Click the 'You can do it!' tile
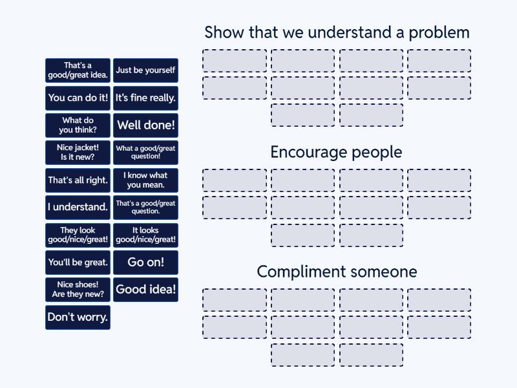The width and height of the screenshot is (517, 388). pyautogui.click(x=78, y=98)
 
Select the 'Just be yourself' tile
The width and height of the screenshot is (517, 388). pyautogui.click(x=145, y=70)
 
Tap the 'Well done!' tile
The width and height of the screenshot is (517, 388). pyautogui.click(x=145, y=125)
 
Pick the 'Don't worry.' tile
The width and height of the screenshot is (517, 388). pyautogui.click(x=78, y=318)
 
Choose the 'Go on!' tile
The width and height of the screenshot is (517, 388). pyautogui.click(x=145, y=263)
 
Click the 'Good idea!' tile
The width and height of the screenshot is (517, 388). pyautogui.click(x=145, y=290)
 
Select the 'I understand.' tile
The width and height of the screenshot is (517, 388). pyautogui.click(x=78, y=208)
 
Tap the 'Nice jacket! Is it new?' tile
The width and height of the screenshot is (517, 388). pyautogui.click(x=78, y=153)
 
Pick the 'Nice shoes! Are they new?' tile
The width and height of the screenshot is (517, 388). pyautogui.click(x=78, y=290)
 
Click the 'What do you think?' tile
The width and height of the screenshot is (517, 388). pyautogui.click(x=78, y=125)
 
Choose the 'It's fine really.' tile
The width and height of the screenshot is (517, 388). pyautogui.click(x=145, y=98)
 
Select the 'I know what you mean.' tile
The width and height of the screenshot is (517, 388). pyautogui.click(x=145, y=180)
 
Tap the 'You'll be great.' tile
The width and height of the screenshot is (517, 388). pyautogui.click(x=78, y=263)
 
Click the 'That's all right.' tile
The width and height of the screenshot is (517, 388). pyautogui.click(x=78, y=180)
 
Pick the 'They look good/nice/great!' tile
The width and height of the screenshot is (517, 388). pyautogui.click(x=78, y=235)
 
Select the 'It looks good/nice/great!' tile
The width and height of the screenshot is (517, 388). pyautogui.click(x=145, y=235)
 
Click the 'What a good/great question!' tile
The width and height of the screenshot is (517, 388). pyautogui.click(x=145, y=153)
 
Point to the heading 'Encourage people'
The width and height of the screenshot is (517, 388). pyautogui.click(x=336, y=153)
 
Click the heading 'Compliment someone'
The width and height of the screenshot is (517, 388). pyautogui.click(x=337, y=272)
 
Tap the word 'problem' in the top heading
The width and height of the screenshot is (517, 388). pyautogui.click(x=439, y=33)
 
